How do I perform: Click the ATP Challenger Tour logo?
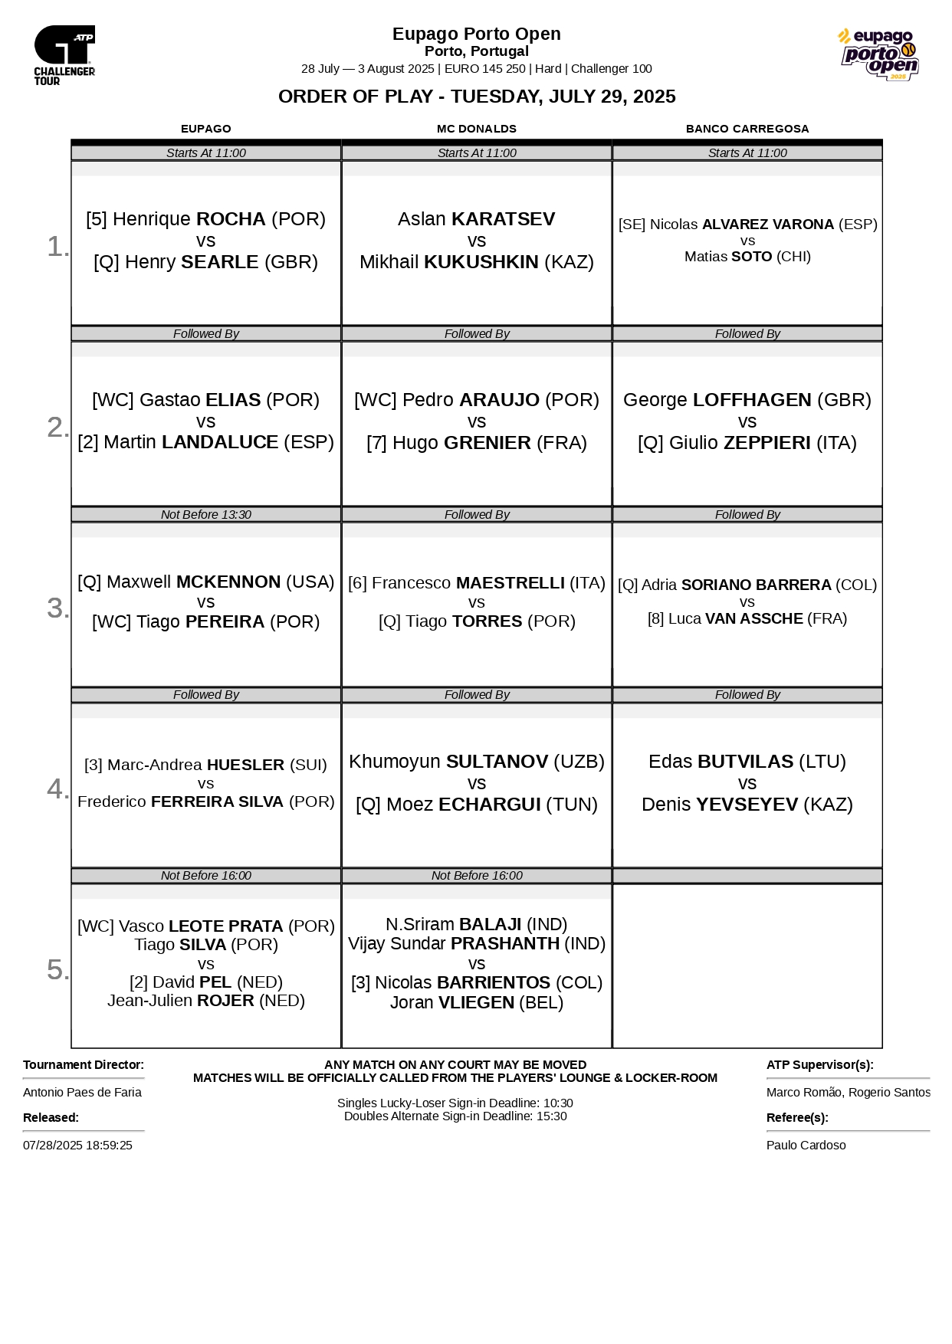[64, 54]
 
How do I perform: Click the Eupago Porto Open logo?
[878, 54]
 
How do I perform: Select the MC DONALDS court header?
[476, 129]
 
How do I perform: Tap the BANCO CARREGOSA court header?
[747, 129]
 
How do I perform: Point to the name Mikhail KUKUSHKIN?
[476, 262]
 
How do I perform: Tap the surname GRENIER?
[487, 443]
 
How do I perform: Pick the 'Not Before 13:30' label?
[205, 515]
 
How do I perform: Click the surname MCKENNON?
[228, 582]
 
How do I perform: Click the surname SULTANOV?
[497, 762]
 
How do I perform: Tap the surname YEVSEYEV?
[747, 805]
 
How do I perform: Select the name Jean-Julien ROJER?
[205, 1001]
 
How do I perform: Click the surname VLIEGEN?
[476, 1003]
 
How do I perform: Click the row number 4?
[57, 788]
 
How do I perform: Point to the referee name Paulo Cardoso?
[806, 1145]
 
